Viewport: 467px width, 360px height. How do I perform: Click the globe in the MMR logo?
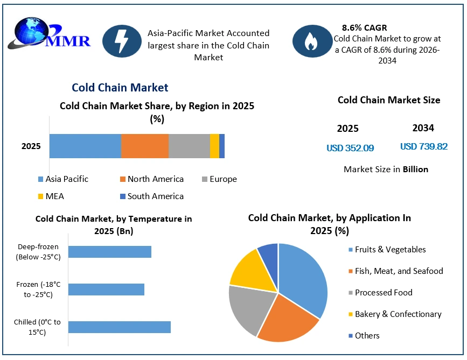pos(32,31)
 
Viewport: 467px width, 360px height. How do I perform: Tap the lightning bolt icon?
pos(122,41)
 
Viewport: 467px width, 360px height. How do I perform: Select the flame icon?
pos(311,41)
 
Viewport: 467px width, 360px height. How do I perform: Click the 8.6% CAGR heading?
pos(364,27)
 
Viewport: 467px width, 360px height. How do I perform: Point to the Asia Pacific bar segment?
pos(85,146)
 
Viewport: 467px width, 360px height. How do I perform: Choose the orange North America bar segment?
pos(145,146)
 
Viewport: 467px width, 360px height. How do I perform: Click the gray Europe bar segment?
pos(189,146)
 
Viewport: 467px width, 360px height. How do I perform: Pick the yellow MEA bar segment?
pos(214,146)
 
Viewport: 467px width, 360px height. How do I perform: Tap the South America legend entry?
pos(152,196)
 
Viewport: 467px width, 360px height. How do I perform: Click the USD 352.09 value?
pos(350,148)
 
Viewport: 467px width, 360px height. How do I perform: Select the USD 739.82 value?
pos(424,146)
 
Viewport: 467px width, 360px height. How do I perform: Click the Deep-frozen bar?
pos(110,252)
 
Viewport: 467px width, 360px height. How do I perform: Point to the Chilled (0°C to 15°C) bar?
pos(120,327)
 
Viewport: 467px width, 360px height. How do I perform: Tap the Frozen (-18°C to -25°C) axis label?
pos(38,290)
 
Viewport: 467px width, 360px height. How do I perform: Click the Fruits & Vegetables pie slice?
pos(302,280)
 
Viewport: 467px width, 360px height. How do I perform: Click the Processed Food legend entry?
pos(381,293)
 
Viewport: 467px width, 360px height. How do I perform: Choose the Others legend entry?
pos(364,336)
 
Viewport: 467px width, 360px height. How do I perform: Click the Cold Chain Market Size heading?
pos(389,100)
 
